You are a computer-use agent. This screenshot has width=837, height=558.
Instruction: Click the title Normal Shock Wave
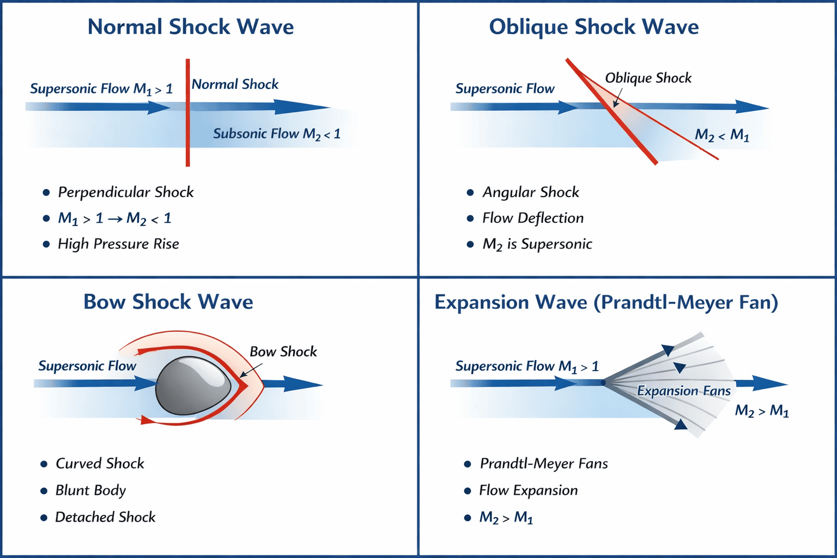191,27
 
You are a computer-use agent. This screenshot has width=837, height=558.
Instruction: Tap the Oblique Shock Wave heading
593,27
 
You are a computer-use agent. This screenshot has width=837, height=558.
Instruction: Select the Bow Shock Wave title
168,302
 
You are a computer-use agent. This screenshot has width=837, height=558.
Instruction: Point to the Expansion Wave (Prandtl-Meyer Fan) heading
606,302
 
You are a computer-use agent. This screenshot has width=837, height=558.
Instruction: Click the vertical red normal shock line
187,136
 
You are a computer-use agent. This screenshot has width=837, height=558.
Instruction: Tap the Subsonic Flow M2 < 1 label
276,134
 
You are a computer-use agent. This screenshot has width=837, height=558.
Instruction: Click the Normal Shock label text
235,84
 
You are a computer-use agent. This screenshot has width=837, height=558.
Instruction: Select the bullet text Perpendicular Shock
125,192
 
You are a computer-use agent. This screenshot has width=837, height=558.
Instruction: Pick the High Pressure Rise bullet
118,244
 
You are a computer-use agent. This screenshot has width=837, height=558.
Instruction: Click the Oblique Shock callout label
648,78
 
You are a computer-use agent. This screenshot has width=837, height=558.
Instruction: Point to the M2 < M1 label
721,135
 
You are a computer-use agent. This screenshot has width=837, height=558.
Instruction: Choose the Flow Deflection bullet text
532,218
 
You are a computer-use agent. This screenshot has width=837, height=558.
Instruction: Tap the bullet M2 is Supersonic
537,244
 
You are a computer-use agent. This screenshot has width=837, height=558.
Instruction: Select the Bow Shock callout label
283,351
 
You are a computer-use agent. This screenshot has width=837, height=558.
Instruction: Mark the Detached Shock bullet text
105,517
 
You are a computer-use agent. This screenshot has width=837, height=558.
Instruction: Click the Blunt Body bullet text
90,490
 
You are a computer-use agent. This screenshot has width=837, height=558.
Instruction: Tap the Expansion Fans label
683,391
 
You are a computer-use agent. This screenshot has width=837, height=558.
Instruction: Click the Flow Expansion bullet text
528,490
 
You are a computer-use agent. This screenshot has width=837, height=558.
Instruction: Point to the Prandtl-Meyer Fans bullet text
543,464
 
